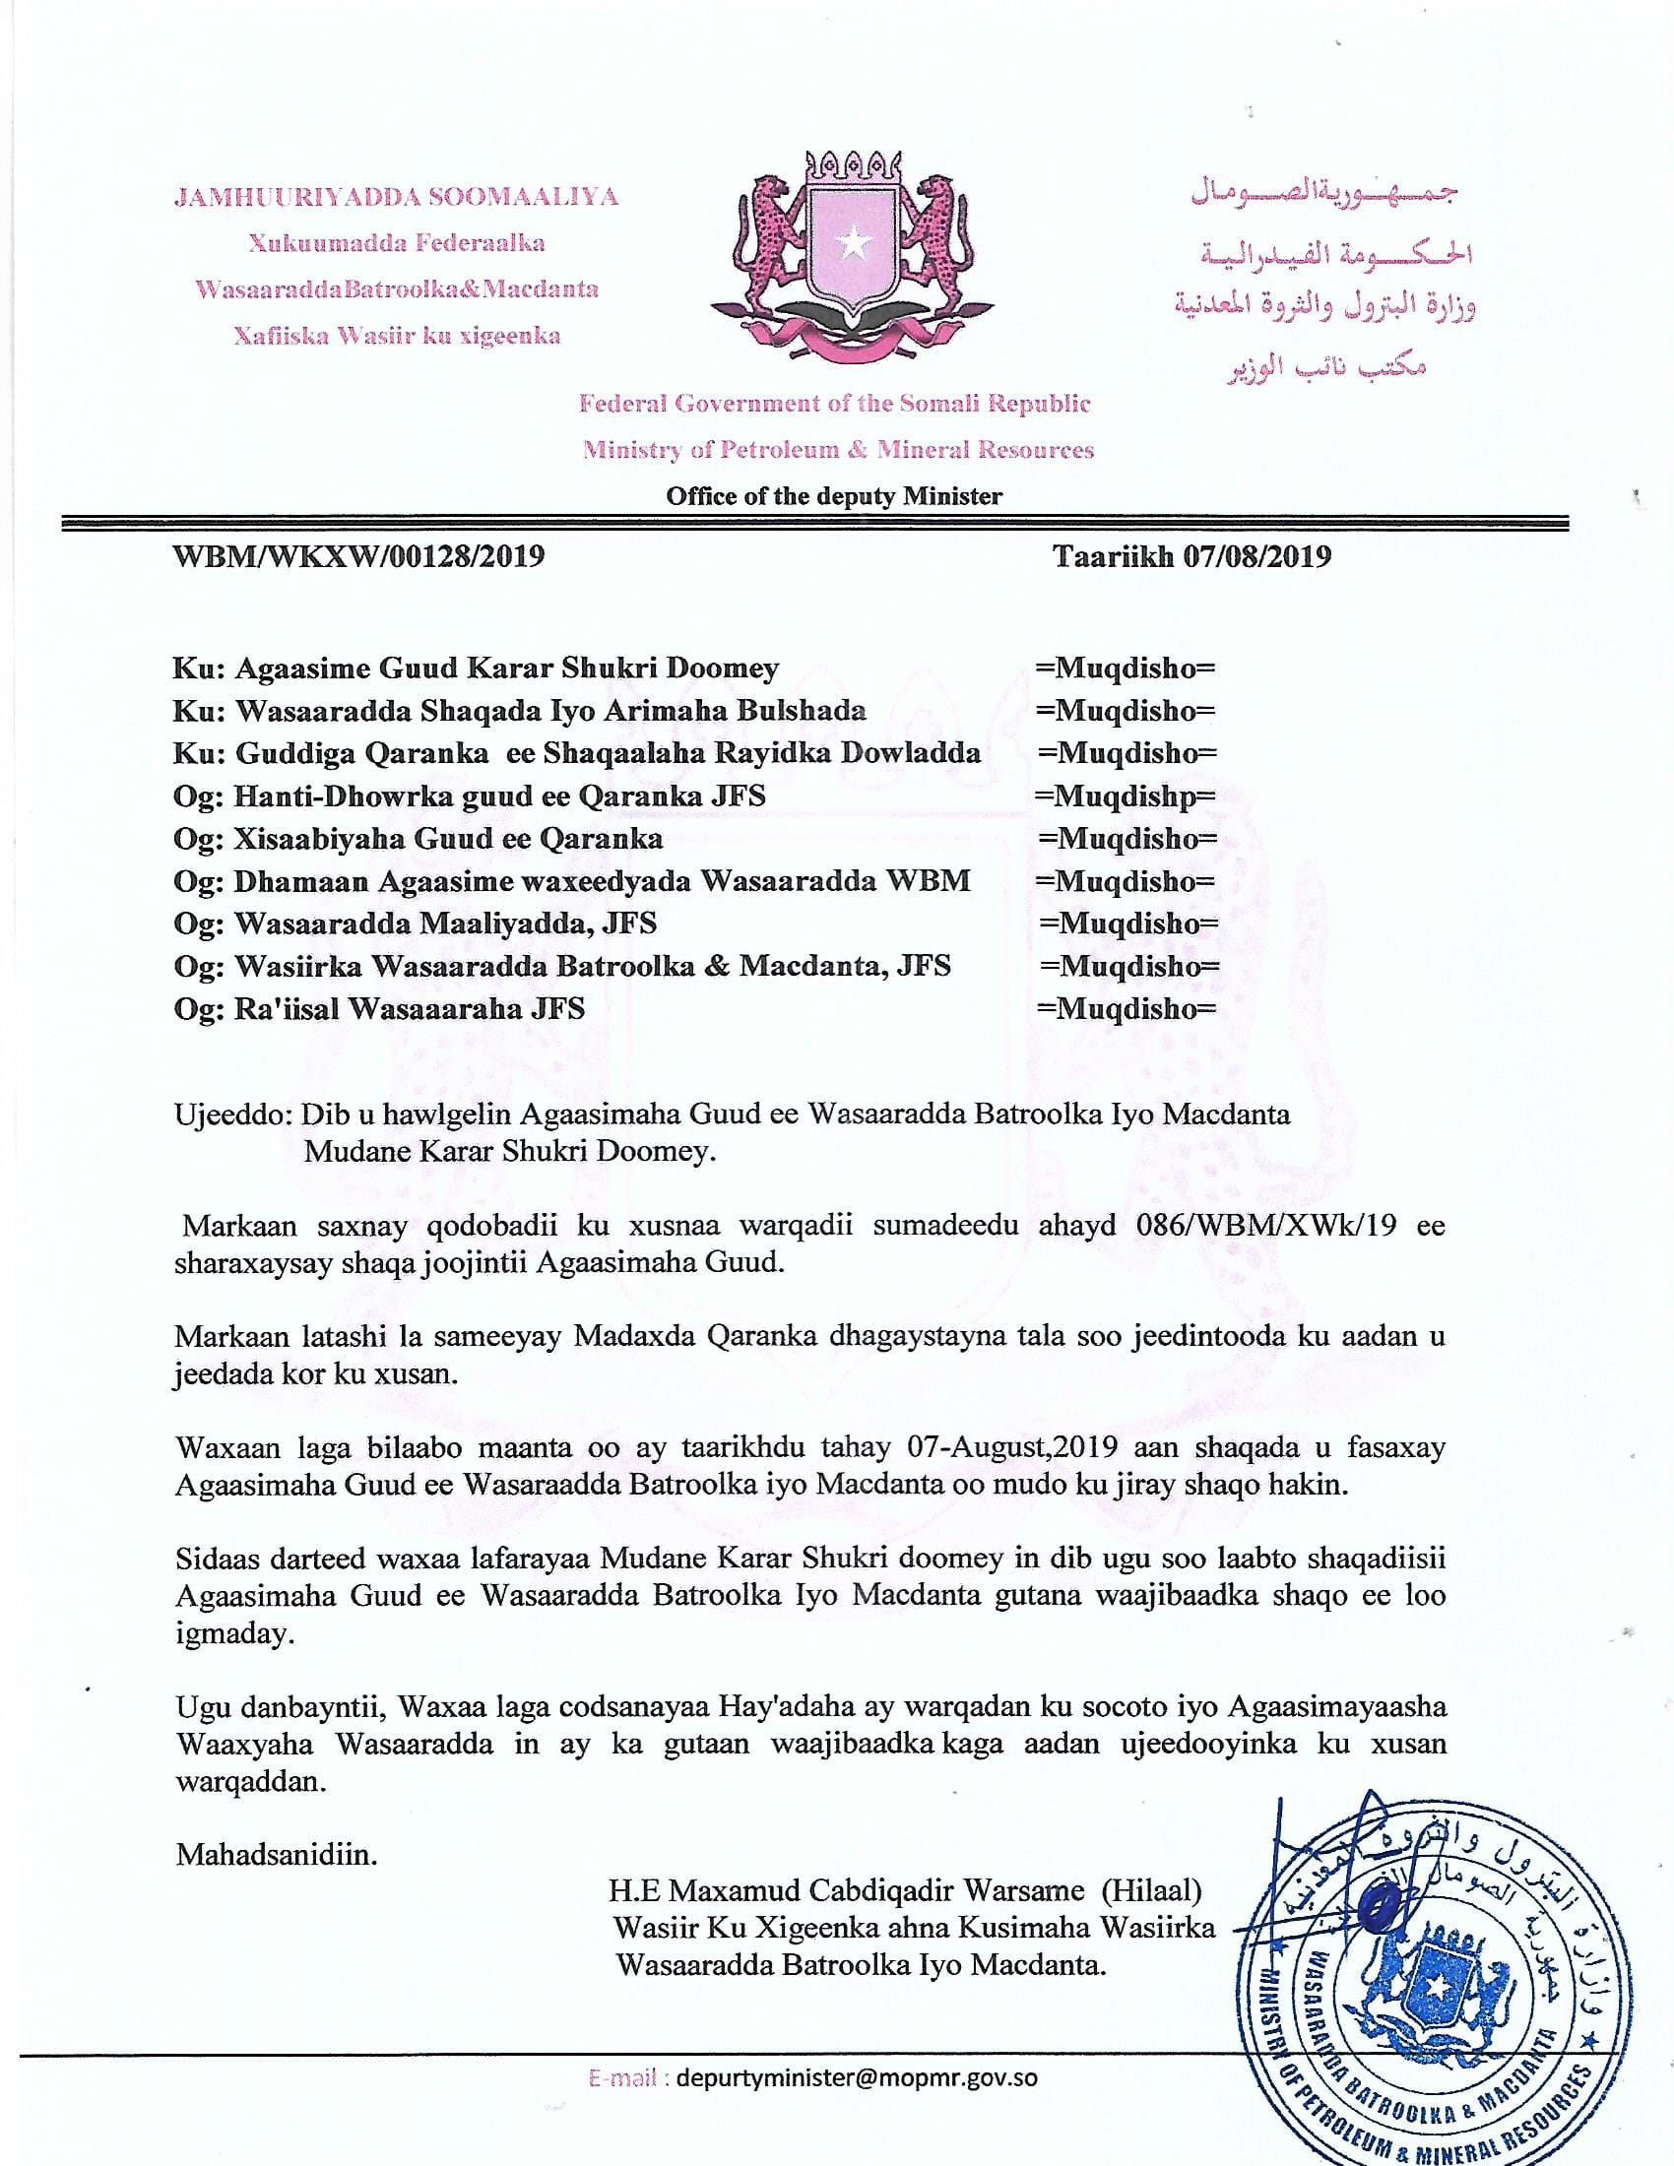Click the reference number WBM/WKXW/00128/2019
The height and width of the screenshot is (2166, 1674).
(x=359, y=556)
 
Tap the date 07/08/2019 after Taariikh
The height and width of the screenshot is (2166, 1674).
(x=1256, y=556)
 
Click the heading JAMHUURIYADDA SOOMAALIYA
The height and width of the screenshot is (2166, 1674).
(x=397, y=196)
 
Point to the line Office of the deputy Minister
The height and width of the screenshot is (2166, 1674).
(x=834, y=496)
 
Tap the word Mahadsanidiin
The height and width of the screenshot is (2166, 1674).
(x=277, y=1854)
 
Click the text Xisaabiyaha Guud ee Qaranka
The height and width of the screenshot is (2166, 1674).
(x=448, y=839)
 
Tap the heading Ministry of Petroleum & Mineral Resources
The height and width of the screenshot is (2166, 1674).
(x=838, y=449)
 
